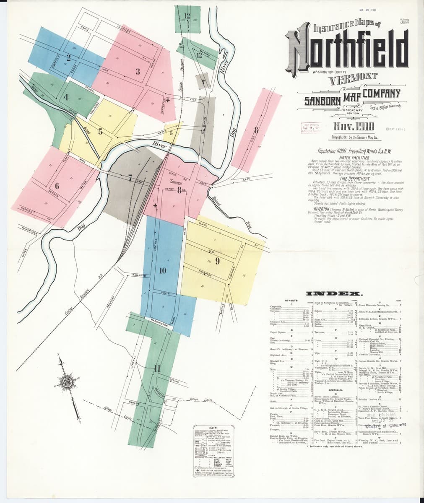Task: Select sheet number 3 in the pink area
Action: point(137,71)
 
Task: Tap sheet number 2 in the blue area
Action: point(68,58)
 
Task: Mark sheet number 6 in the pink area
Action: point(57,186)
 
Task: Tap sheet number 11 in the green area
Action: point(157,369)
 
